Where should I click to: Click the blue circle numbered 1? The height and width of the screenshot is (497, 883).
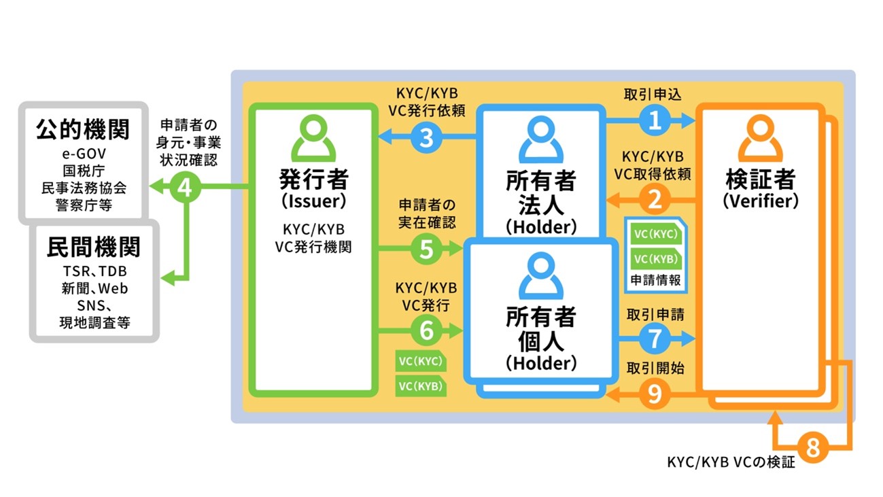click(x=655, y=120)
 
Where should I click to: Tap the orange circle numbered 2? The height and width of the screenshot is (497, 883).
click(x=655, y=200)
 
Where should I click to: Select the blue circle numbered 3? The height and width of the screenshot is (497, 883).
click(x=426, y=137)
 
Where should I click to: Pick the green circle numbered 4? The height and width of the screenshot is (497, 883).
click(x=186, y=187)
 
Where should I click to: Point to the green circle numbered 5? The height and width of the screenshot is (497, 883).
click(x=426, y=248)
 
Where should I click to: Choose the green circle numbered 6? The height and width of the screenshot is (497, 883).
click(x=426, y=330)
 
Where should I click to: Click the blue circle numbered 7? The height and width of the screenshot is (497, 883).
click(x=655, y=338)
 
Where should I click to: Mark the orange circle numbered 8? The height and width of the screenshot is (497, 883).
click(x=813, y=447)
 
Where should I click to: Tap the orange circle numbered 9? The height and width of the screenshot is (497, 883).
click(x=655, y=394)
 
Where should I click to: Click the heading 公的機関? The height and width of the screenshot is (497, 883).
click(x=83, y=129)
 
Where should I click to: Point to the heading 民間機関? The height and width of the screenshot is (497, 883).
click(x=94, y=247)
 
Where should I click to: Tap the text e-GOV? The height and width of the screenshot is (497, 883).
click(x=84, y=154)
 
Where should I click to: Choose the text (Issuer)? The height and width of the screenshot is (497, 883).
click(x=314, y=201)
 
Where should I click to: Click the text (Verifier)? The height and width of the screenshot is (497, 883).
click(x=761, y=201)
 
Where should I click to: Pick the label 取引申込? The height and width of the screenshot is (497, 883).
click(x=653, y=95)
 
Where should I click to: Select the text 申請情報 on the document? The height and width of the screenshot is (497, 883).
click(x=655, y=280)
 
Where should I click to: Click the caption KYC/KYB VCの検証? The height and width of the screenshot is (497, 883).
click(x=731, y=462)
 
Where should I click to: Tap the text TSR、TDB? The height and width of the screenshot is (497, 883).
click(x=95, y=271)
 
